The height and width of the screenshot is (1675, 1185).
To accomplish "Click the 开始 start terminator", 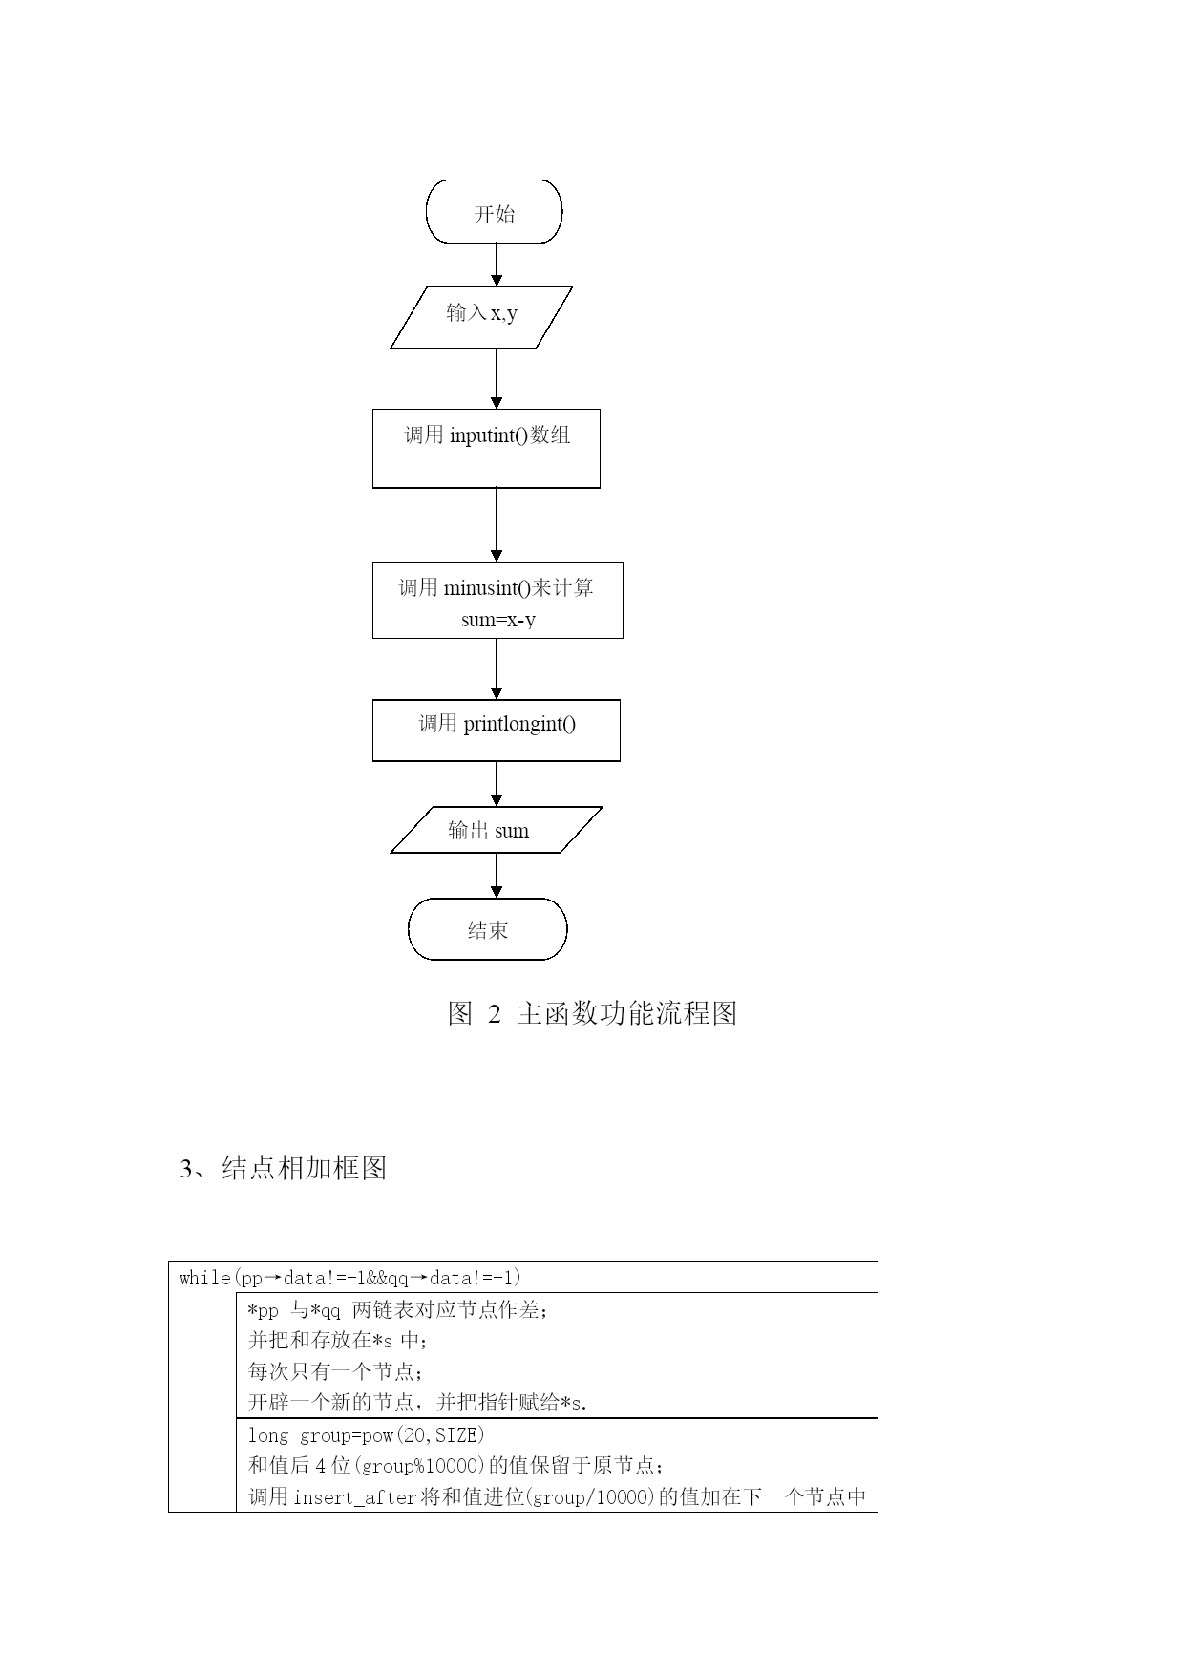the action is coord(494,211).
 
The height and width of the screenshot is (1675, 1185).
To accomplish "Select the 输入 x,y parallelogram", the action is coord(481,317).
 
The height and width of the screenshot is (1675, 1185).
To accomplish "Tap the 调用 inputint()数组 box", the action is coord(486,449).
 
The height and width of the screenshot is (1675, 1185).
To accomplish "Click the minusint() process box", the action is coord(497,600).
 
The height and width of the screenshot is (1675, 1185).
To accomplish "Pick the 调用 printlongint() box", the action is coord(497,731).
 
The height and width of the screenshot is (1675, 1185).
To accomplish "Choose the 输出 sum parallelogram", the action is coord(497,830).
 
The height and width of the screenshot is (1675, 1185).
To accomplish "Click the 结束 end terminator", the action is coord(488,929).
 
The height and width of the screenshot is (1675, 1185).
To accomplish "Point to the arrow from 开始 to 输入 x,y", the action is coord(497,265).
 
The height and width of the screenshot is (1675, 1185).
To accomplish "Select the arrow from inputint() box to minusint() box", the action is coord(497,525).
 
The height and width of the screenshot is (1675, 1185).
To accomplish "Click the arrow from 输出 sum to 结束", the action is coord(497,876).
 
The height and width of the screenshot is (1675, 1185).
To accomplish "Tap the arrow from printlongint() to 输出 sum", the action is coord(497,784).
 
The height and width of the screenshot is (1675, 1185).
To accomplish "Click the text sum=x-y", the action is coord(498,620).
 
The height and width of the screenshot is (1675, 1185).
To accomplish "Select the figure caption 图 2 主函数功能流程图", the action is coord(592,1013).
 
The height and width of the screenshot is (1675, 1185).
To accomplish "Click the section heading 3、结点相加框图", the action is coord(284,1168).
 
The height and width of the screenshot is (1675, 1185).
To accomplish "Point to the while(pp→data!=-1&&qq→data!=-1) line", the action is coord(350,1278).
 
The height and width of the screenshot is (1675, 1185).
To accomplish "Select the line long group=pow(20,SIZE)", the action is coord(367,1435).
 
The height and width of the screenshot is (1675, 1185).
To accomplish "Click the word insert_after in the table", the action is coord(355,1497).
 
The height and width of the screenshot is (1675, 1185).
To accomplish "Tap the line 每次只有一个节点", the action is coord(334,1372).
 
